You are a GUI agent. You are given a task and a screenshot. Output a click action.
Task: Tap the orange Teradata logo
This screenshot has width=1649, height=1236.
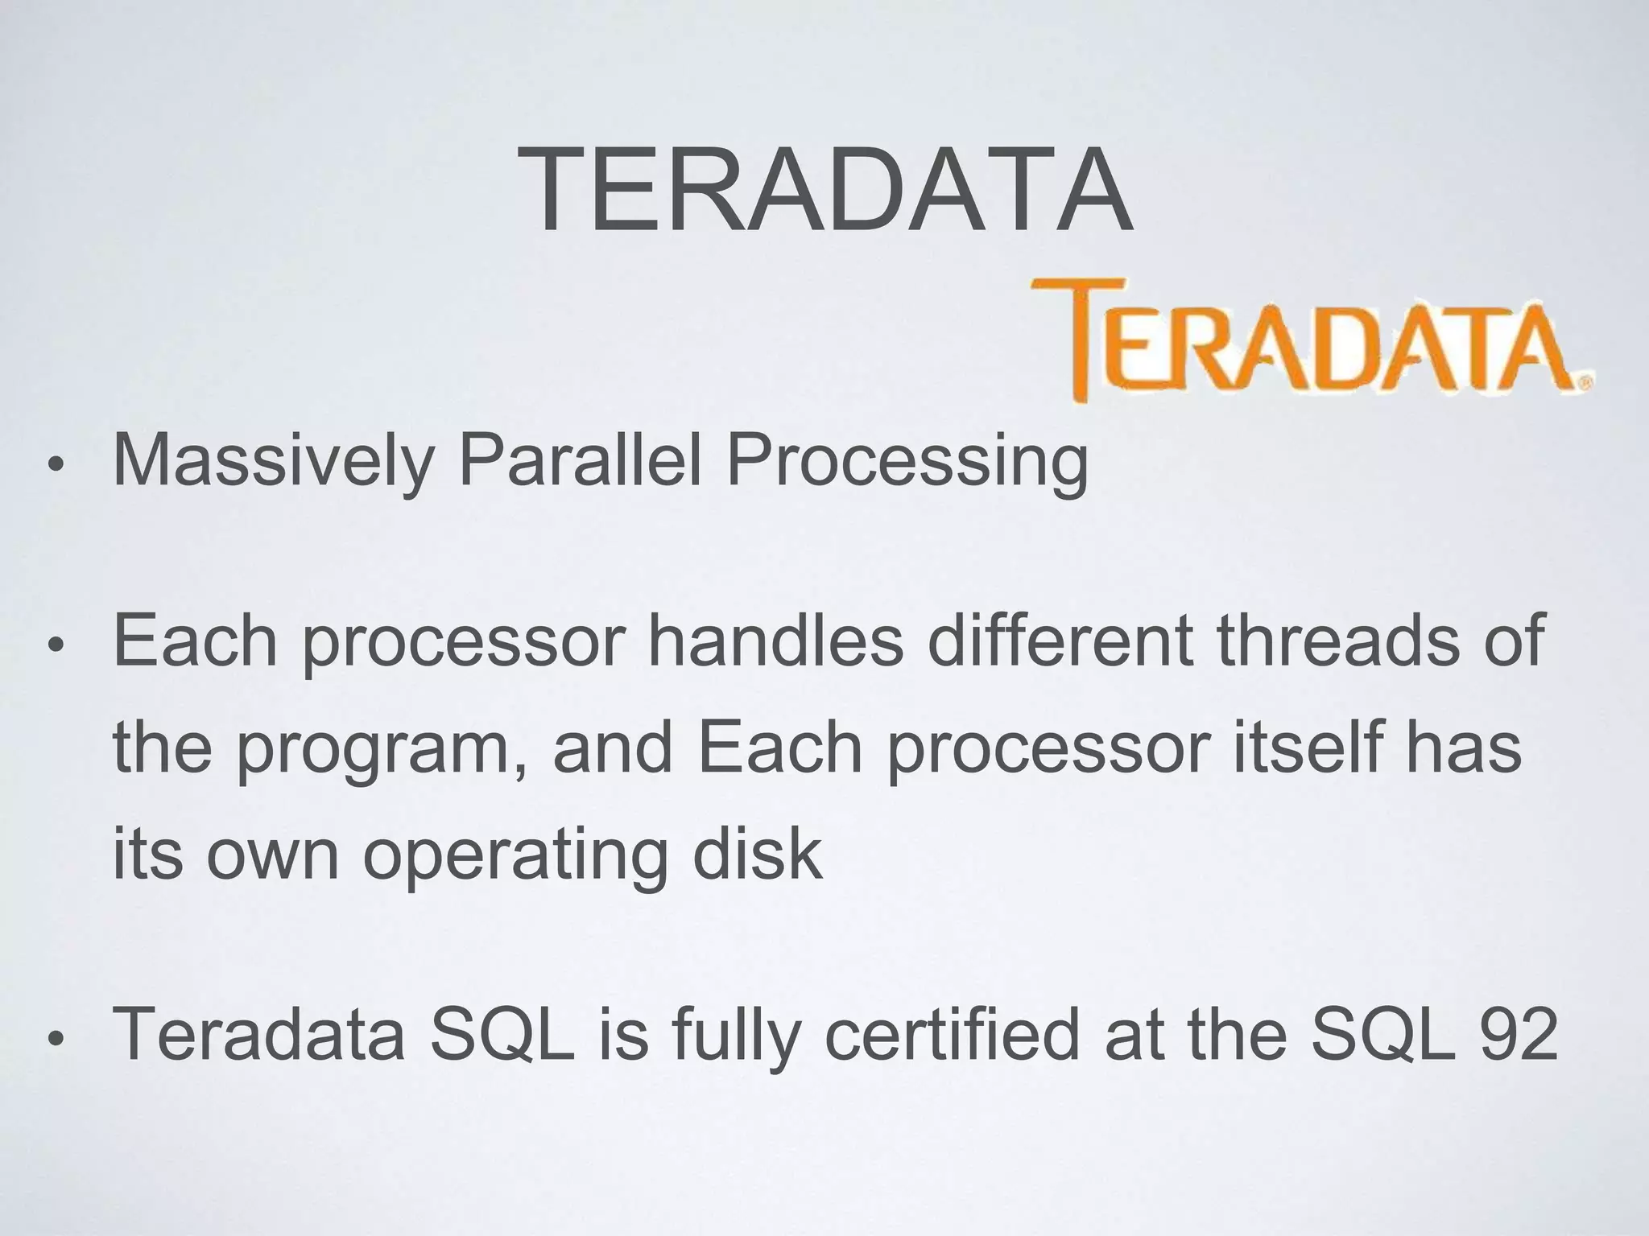point(1312,346)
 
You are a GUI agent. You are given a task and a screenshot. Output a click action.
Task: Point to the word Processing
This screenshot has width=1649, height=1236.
point(907,460)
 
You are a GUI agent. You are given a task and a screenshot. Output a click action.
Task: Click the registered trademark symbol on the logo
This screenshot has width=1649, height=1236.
point(1584,385)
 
